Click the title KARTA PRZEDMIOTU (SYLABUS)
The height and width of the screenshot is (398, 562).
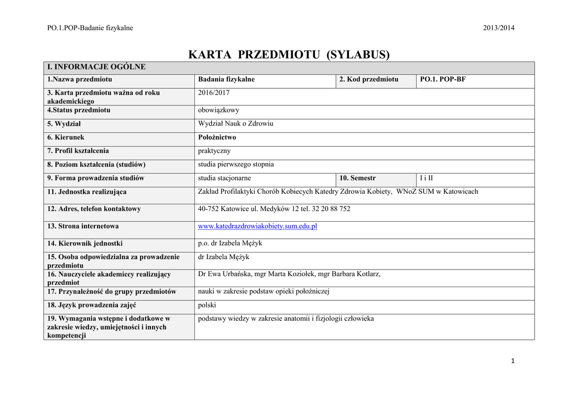[x=289, y=55]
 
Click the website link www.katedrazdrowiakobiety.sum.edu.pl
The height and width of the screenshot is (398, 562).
[x=257, y=226]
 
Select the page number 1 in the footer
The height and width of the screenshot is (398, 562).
[x=512, y=361]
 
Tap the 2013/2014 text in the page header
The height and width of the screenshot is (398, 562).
[x=499, y=28]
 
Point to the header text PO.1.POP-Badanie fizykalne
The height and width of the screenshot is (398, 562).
[x=90, y=28]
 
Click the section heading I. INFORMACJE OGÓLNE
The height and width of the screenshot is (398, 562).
[x=96, y=68]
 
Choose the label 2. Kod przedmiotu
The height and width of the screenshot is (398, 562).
[x=368, y=80]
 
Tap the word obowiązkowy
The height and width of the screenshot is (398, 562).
[x=218, y=110]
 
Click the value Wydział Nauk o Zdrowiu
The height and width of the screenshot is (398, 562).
[x=235, y=124]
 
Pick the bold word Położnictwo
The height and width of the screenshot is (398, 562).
[x=217, y=137]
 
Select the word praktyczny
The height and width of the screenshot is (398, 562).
[x=214, y=151]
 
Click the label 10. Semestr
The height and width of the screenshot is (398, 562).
[x=357, y=178]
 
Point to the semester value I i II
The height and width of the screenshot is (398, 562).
[x=426, y=178]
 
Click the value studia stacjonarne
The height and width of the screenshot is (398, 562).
[x=224, y=178]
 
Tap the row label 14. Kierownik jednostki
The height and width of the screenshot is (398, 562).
[x=85, y=244]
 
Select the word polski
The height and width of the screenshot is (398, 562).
[x=207, y=305]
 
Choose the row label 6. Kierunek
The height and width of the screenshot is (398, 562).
[x=66, y=137]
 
